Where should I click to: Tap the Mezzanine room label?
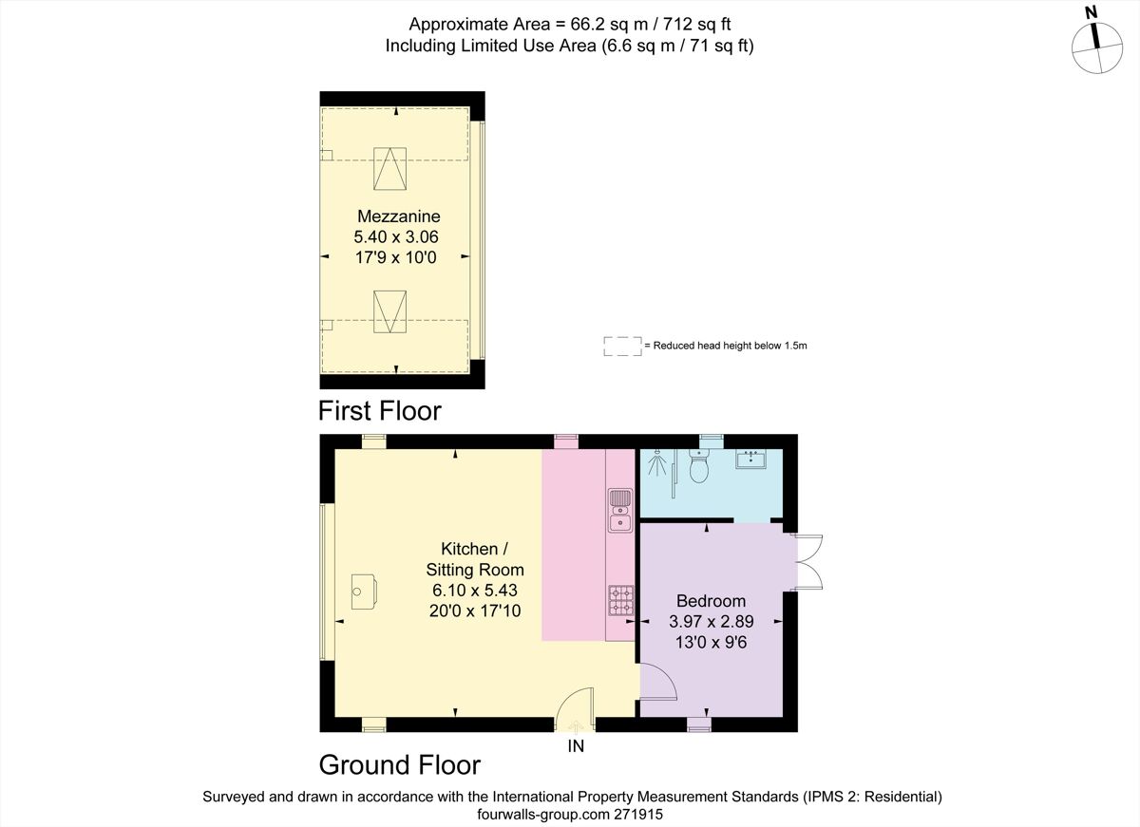click(x=398, y=216)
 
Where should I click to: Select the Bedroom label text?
click(x=711, y=601)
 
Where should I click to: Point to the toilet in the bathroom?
click(x=700, y=468)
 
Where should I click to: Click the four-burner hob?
click(x=620, y=599)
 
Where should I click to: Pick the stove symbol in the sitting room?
click(x=364, y=591)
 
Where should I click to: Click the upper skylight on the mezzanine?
click(x=389, y=170)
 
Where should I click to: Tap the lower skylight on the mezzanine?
click(x=389, y=311)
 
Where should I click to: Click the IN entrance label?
click(x=576, y=746)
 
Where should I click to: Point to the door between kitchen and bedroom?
click(x=656, y=682)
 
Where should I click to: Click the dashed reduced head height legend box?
click(x=621, y=347)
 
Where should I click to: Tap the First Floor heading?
click(x=380, y=411)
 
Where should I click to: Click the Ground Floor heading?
click(x=399, y=764)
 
